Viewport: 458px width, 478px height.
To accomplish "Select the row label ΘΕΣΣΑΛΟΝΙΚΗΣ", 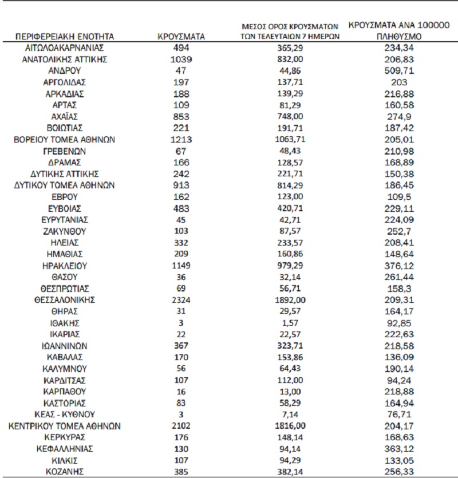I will click(65, 299).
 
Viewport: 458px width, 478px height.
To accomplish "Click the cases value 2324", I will click(181, 299).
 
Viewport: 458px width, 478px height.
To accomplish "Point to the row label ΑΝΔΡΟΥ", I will click(65, 71).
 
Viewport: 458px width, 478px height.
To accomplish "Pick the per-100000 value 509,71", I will click(398, 71).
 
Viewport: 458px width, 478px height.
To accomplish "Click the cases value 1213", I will click(181, 140).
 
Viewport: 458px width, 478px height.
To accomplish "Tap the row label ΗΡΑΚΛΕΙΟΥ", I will click(65, 266).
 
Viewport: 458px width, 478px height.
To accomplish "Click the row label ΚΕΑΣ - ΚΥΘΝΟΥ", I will click(65, 414).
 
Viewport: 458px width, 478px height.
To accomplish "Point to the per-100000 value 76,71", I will click(398, 414).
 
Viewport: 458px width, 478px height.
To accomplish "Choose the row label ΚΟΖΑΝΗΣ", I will click(65, 471).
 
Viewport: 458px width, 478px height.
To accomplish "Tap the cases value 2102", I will click(181, 425).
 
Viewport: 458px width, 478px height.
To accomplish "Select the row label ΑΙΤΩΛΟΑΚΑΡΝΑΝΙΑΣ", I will click(65, 48).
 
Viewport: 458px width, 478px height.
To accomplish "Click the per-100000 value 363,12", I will click(398, 448).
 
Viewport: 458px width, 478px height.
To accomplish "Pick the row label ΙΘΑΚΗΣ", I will click(65, 322).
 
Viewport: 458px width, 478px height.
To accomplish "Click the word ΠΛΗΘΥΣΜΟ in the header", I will click(398, 35).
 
